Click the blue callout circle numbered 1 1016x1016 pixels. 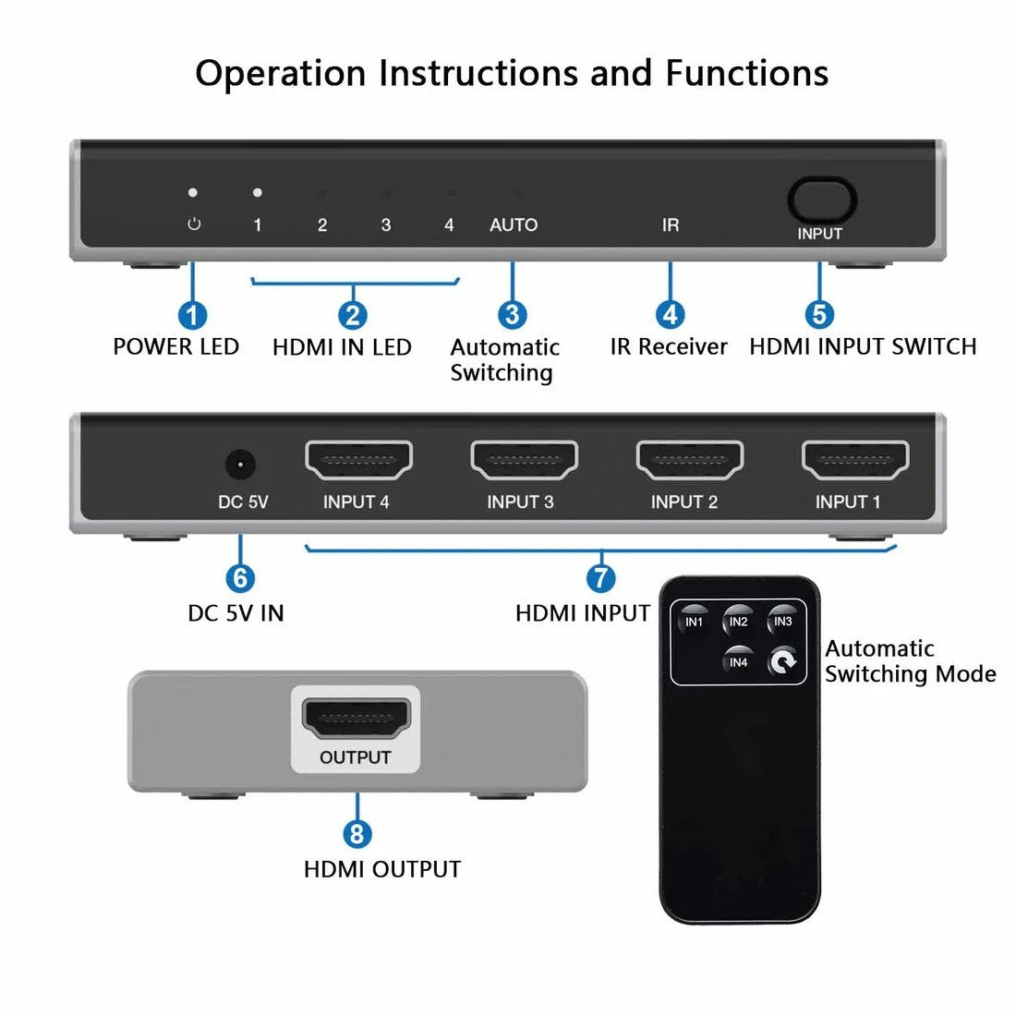point(192,316)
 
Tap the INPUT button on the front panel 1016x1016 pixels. point(821,200)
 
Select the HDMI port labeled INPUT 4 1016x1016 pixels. point(358,460)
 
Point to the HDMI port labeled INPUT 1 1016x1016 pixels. point(855,460)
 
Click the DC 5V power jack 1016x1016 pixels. point(240,464)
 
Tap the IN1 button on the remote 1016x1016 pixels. point(694,622)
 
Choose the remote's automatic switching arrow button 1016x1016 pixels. point(783,661)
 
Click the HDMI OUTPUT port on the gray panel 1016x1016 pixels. point(356,719)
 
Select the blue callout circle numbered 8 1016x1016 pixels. point(357,834)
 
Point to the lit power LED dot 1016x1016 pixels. point(193,193)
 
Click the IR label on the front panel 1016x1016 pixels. point(671,225)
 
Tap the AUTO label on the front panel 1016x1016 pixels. point(514,225)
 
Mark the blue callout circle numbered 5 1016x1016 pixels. point(819,315)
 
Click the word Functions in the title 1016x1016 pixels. point(746,73)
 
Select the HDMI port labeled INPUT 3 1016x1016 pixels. point(524,460)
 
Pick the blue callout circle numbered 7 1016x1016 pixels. point(601,578)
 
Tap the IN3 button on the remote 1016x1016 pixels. point(783,622)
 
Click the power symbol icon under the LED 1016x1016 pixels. point(194,224)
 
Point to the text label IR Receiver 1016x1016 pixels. point(668,347)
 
